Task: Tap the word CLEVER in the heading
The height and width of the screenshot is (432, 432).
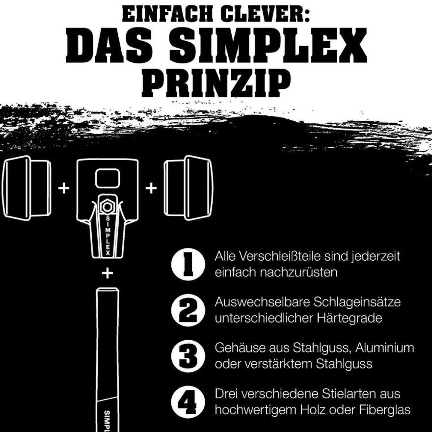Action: [x=265, y=14]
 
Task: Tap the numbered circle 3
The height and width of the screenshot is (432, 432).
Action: [x=189, y=356]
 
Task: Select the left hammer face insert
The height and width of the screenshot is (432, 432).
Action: [x=27, y=188]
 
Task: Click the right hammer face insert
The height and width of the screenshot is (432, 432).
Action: [x=188, y=188]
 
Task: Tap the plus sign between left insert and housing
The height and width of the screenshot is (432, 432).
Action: [x=64, y=189]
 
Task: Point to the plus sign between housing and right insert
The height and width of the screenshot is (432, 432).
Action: [x=151, y=189]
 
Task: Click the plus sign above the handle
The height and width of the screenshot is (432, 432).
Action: [x=108, y=273]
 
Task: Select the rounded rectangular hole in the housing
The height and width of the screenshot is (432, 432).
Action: [x=108, y=178]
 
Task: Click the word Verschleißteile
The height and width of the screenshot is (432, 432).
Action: [x=279, y=256]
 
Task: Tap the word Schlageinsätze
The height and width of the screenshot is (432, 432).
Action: [x=357, y=302]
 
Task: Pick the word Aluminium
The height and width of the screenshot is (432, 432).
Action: [x=384, y=348]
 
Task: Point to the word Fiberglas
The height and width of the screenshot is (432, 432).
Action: [x=384, y=410]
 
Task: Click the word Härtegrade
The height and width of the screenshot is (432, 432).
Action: [x=350, y=318]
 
